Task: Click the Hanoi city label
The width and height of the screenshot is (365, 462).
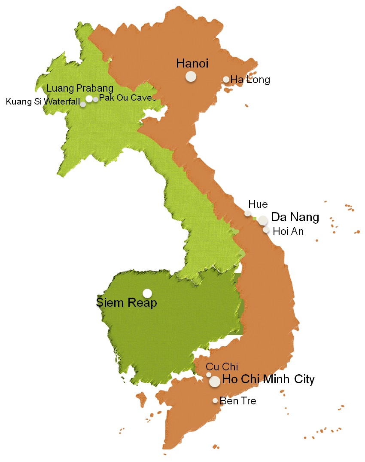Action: click(x=192, y=64)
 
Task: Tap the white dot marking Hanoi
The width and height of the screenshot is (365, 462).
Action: click(x=191, y=77)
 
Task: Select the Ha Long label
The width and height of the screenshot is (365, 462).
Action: click(x=250, y=80)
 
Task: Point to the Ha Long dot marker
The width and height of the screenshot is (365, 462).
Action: click(x=226, y=79)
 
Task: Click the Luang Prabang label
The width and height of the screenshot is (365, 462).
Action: click(x=80, y=89)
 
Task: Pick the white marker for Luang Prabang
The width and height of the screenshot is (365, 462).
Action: click(x=89, y=99)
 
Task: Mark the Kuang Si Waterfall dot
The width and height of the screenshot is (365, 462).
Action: click(x=83, y=104)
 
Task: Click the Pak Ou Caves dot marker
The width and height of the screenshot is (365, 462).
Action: click(x=95, y=99)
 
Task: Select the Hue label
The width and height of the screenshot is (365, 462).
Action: click(x=258, y=204)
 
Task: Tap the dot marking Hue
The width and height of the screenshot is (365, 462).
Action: click(x=248, y=213)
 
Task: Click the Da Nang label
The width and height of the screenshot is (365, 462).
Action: click(x=295, y=217)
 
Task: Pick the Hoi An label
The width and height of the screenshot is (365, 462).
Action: click(x=288, y=231)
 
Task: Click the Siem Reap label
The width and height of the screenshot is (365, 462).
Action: click(x=126, y=303)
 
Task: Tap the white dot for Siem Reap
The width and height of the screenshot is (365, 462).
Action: click(x=147, y=293)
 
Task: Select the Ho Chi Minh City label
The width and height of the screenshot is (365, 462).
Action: click(x=268, y=380)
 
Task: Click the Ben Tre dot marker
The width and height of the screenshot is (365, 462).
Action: click(x=215, y=400)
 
